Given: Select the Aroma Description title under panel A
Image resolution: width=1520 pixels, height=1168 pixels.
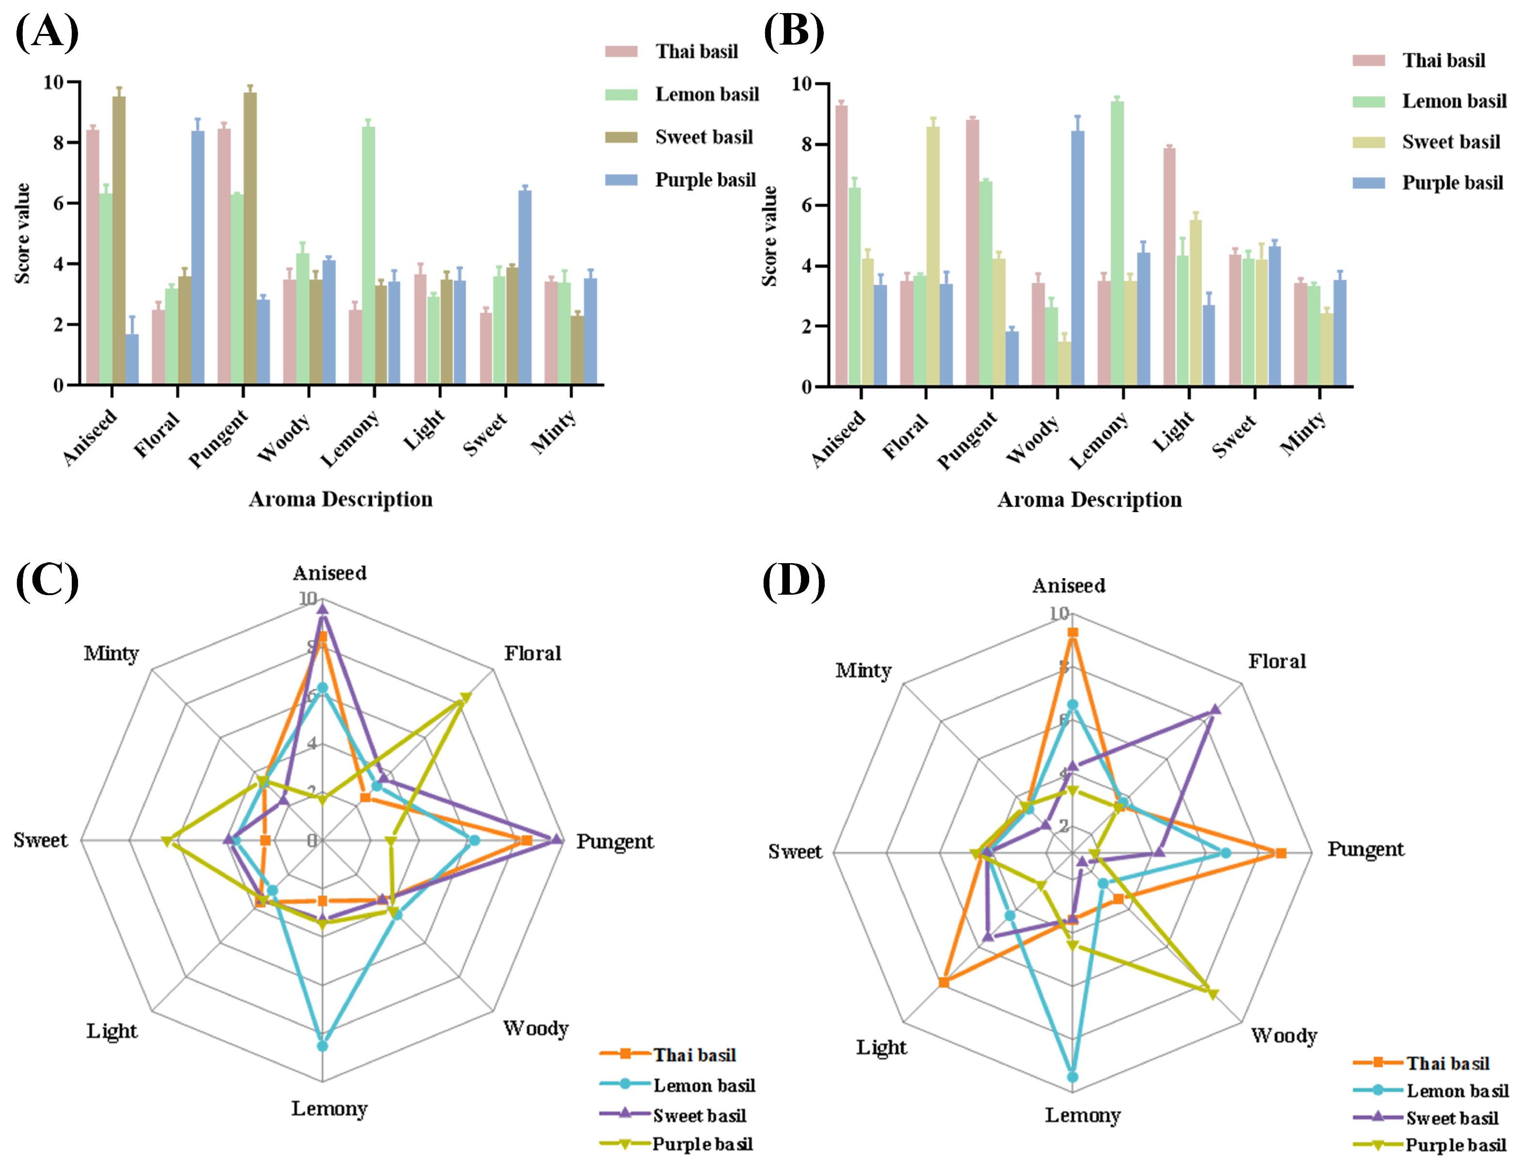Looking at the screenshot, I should tap(340, 499).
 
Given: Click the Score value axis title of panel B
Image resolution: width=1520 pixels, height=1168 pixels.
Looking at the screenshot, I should tap(769, 236).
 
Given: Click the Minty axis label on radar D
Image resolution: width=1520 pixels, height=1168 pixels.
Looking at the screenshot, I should tap(863, 671).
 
